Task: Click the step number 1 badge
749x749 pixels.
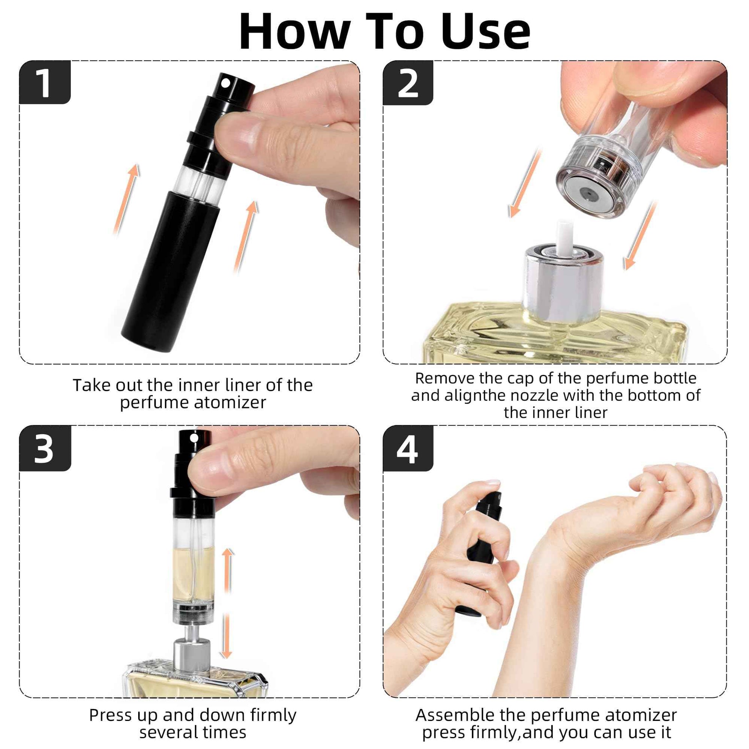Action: [45, 82]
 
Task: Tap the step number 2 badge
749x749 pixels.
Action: [408, 83]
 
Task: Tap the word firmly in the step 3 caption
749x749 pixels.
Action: [273, 715]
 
